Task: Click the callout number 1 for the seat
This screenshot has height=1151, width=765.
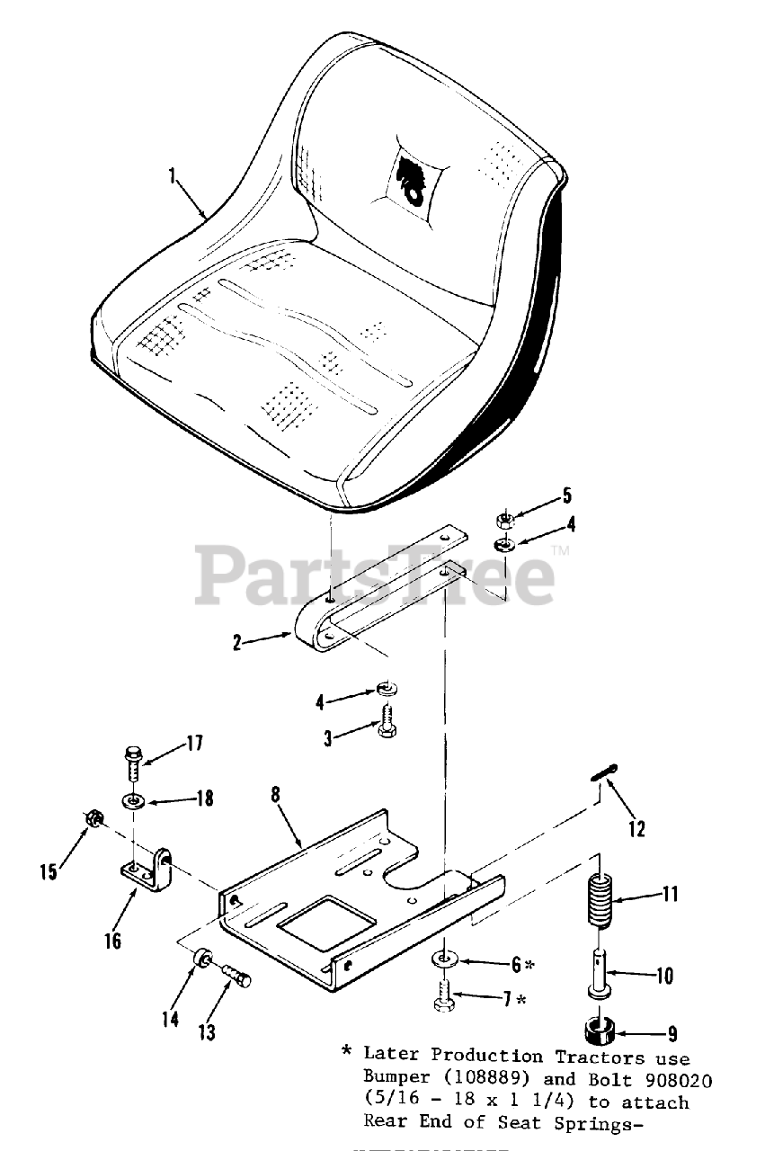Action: [x=172, y=175]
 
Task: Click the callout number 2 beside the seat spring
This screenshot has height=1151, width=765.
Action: [x=237, y=643]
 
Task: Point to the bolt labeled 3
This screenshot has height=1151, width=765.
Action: [x=387, y=721]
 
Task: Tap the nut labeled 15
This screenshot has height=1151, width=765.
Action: [x=92, y=818]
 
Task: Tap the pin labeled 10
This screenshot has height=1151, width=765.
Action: [x=597, y=971]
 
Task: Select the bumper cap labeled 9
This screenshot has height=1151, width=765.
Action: [x=598, y=1031]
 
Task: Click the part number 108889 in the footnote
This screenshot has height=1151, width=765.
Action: [x=479, y=1078]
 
